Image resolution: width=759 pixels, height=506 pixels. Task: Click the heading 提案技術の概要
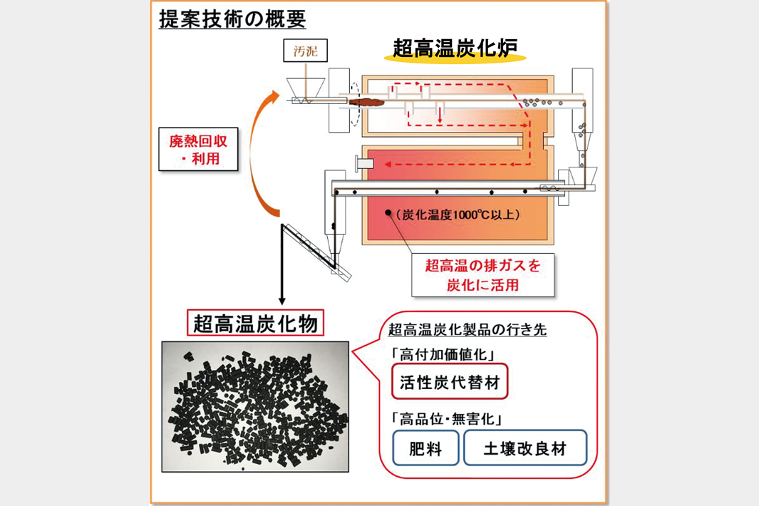[x=232, y=19]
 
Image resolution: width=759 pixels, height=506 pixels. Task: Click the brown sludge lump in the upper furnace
[x=368, y=102]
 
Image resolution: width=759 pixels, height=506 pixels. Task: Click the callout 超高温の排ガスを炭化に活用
[x=482, y=276]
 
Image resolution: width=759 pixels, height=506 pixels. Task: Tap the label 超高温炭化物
[x=255, y=324]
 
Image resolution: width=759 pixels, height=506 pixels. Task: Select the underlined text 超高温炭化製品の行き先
[x=467, y=331]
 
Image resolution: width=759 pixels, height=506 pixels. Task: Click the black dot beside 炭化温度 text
[x=388, y=212]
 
